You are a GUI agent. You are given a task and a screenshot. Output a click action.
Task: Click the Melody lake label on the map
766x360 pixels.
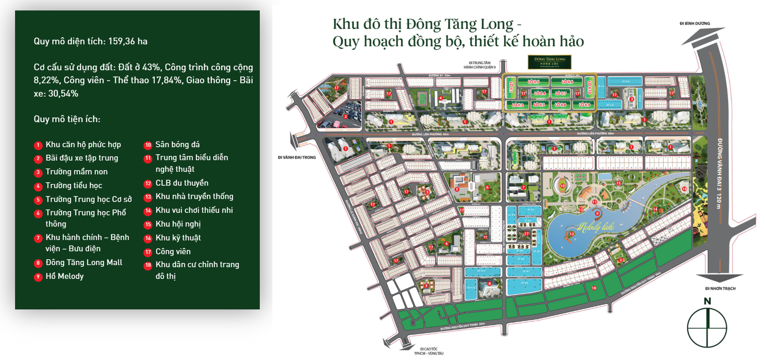pyautogui.click(x=596, y=227)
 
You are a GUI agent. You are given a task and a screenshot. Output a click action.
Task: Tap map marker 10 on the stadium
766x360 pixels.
pyautogui.click(x=562, y=186)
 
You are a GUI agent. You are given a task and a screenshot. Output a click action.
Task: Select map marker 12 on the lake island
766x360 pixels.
pyautogui.click(x=571, y=234)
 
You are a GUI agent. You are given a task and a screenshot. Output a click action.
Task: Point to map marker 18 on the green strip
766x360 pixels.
pyautogui.click(x=594, y=288)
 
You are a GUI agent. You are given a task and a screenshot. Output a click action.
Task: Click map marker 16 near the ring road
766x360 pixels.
pyautogui.click(x=684, y=189)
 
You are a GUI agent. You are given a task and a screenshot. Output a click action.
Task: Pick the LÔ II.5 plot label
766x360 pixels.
pyautogui.click(x=533, y=82)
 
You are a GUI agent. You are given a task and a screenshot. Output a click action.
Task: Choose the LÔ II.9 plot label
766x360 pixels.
pyautogui.click(x=584, y=105)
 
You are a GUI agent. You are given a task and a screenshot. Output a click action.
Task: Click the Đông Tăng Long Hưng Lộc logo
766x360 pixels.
pyautogui.click(x=550, y=61)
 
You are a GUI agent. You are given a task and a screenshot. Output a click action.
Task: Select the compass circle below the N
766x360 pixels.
pyautogui.click(x=707, y=328)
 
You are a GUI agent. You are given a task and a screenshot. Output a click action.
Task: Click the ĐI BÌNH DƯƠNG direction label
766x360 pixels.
pyautogui.click(x=694, y=23)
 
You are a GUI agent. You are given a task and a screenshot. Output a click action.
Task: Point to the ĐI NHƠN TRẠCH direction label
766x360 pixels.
pyautogui.click(x=720, y=289)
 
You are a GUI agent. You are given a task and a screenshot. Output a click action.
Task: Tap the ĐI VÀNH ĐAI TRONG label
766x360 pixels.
pyautogui.click(x=297, y=157)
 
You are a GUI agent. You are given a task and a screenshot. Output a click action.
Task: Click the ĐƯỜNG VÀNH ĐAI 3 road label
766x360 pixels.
pyautogui.click(x=719, y=174)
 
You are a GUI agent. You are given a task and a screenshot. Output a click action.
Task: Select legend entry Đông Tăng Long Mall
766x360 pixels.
pyautogui.click(x=84, y=263)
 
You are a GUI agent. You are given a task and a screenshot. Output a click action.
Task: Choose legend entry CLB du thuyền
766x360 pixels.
pyautogui.click(x=182, y=183)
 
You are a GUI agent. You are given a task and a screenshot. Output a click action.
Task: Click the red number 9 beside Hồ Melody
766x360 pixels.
pyautogui.click(x=38, y=277)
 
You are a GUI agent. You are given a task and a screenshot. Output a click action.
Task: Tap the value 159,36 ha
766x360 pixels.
pyautogui.click(x=128, y=41)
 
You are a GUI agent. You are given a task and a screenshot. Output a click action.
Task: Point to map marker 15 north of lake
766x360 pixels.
pyautogui.click(x=618, y=183)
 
